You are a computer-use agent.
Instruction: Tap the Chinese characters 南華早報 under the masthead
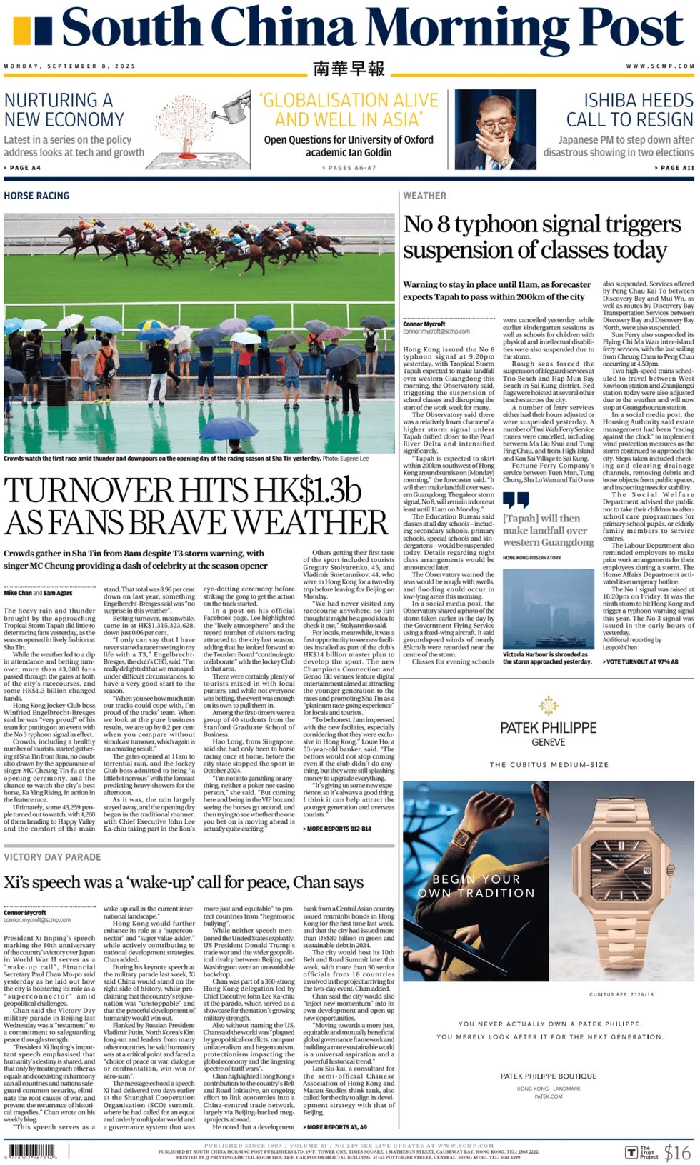coord(349,69)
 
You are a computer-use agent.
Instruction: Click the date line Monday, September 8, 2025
coord(69,66)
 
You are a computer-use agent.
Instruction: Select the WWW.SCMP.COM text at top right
coord(660,66)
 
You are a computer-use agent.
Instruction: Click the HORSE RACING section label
coord(36,196)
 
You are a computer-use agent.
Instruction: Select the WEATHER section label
coord(424,196)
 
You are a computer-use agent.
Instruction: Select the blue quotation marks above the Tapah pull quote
coord(516,499)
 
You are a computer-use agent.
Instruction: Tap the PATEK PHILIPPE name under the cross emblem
coord(548,728)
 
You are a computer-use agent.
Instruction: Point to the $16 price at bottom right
coord(676,1152)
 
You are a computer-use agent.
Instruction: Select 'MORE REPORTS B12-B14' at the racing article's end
coord(338,829)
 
